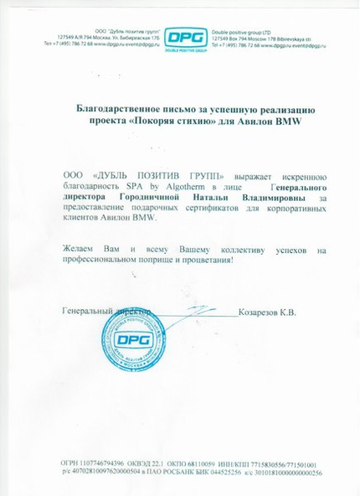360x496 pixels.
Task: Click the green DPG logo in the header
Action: (x=180, y=38)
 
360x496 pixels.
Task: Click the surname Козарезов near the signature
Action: (x=267, y=312)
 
